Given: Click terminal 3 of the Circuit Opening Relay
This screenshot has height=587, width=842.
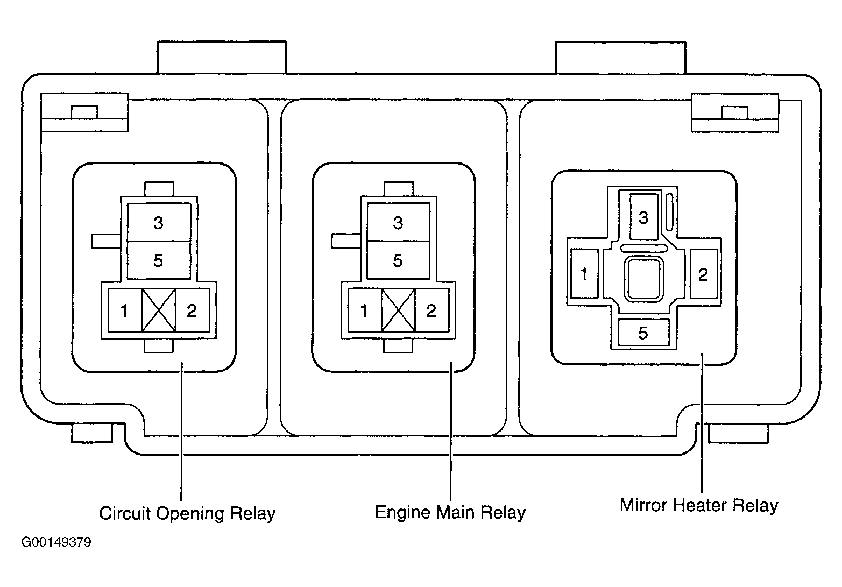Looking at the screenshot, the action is (159, 222).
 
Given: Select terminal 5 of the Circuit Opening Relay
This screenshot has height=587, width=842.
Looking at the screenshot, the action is (159, 260).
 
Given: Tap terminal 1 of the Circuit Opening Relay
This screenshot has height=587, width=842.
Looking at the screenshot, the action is (125, 310).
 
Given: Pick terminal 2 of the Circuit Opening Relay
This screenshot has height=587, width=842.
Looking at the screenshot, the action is (192, 310).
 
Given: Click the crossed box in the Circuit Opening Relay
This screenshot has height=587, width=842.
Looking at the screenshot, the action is (159, 310).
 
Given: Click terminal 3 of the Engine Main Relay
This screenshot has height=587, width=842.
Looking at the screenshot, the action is (399, 222).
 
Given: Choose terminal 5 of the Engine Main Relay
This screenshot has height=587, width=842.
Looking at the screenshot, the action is (399, 260).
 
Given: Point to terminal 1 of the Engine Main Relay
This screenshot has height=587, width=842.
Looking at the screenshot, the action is (365, 310).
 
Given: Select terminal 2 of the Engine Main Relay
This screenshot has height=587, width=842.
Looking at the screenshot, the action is (432, 310).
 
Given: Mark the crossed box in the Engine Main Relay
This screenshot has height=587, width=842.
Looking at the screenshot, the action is (399, 310).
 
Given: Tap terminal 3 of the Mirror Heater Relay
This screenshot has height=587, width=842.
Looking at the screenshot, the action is (644, 217).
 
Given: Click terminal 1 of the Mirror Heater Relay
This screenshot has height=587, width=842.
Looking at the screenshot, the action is (584, 273).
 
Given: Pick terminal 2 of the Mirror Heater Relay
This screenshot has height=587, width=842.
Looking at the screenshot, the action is (704, 273).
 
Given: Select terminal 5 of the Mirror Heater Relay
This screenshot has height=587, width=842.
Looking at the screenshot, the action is (643, 333).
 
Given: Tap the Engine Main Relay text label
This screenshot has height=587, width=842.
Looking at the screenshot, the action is (450, 513).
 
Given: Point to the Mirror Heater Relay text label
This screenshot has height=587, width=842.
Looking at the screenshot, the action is (699, 506).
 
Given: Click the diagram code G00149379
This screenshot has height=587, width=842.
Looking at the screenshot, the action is (56, 542).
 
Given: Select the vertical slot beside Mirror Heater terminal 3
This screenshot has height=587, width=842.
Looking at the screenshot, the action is (669, 212).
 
